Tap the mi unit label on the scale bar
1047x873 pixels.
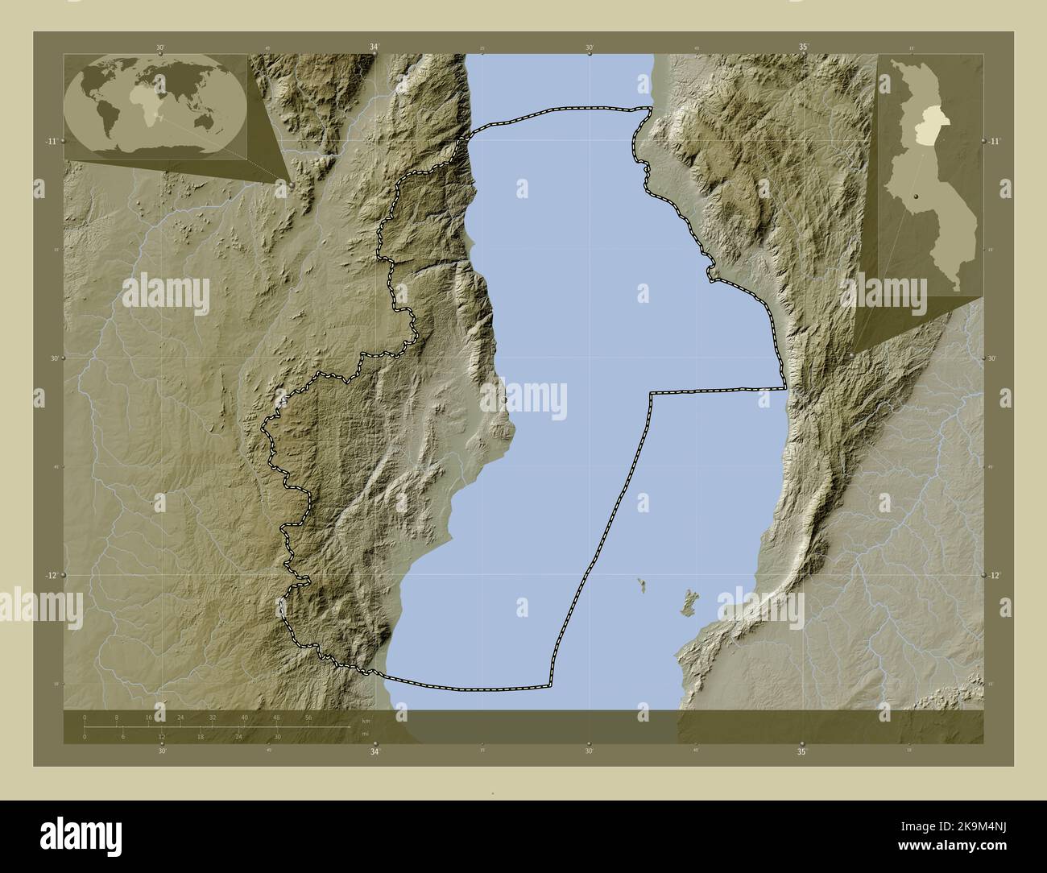(366, 734)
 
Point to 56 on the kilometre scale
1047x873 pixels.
(308, 717)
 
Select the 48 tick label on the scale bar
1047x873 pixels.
(276, 717)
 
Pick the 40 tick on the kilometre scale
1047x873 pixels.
(244, 717)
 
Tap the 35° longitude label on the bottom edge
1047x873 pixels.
(802, 752)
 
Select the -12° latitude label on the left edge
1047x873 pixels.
(50, 576)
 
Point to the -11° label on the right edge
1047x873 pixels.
(995, 141)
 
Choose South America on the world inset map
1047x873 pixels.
(107, 119)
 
